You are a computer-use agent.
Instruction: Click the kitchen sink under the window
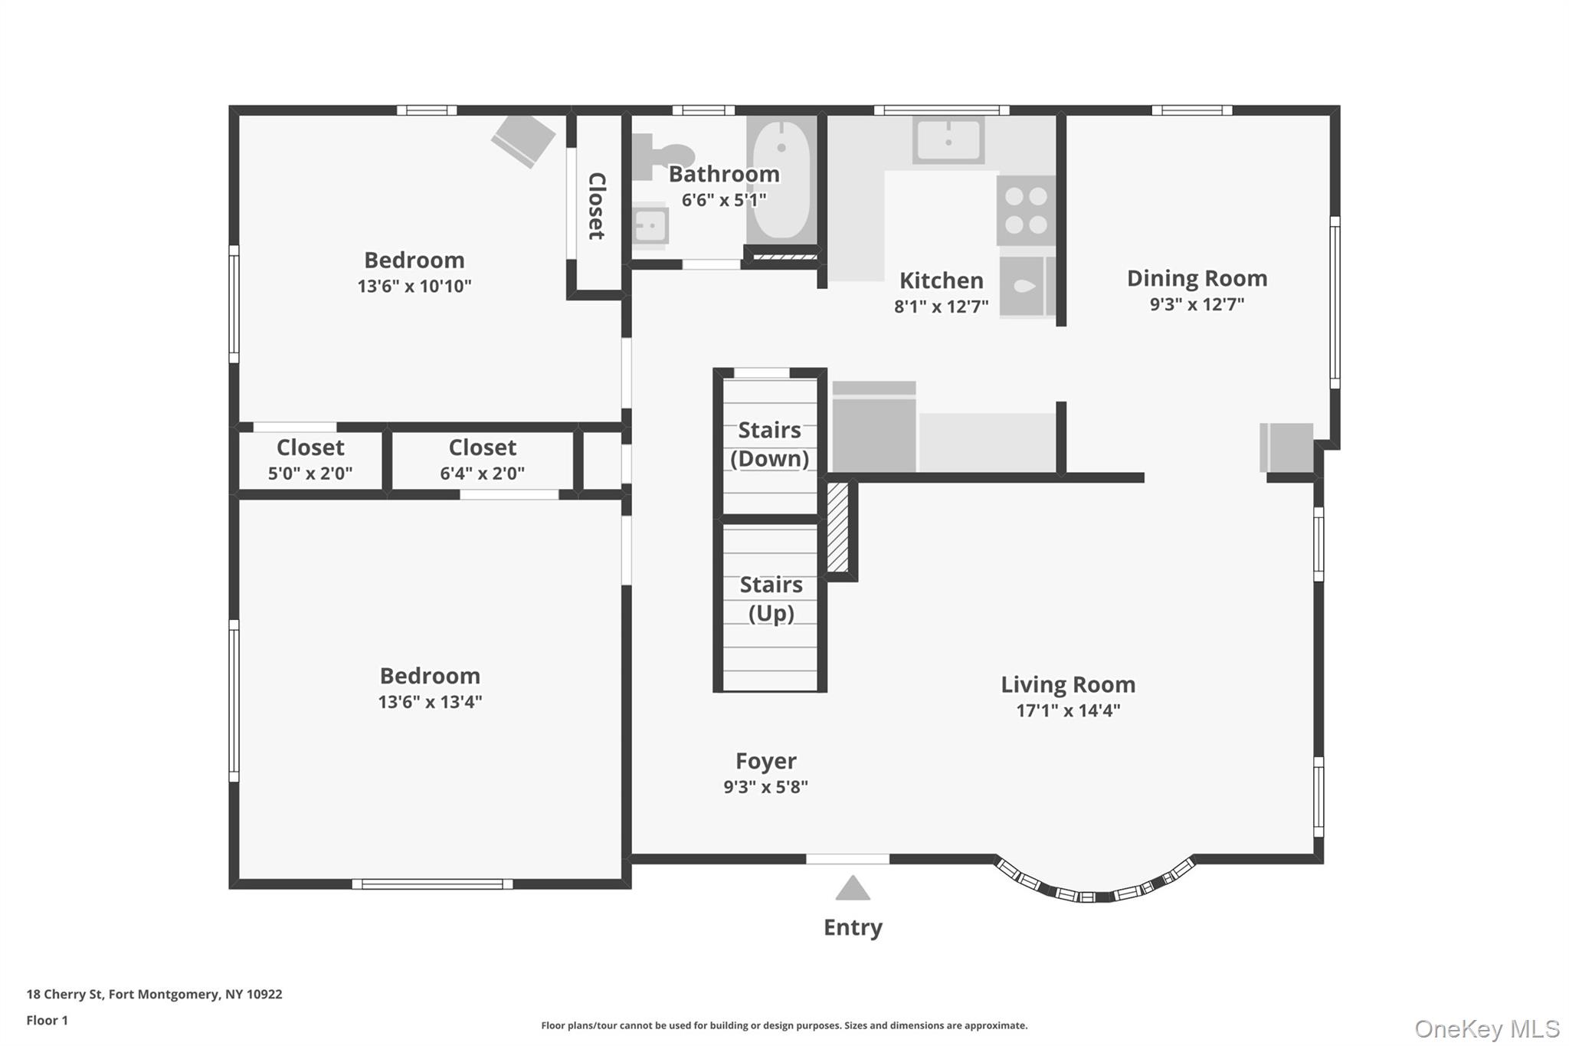coord(948,141)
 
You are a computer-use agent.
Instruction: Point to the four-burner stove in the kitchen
coord(1026,210)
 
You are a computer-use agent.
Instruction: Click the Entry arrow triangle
coord(852,889)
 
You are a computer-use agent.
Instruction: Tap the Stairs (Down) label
coord(769,444)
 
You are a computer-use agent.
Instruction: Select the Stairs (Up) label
coord(771,598)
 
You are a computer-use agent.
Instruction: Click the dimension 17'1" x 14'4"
coord(1068,710)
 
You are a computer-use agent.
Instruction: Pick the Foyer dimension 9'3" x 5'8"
coord(765,787)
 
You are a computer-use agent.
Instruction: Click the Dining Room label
coord(1197,278)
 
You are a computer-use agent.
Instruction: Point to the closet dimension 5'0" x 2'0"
coord(310,474)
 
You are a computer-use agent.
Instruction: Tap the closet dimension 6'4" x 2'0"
coord(482,474)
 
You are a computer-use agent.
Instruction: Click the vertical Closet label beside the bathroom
coord(597,205)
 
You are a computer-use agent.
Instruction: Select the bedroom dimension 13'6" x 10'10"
coord(414,286)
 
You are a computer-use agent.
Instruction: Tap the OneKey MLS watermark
coord(1486,1028)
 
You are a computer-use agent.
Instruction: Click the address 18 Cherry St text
coord(154,994)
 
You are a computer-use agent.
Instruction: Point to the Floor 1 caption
coord(47,1020)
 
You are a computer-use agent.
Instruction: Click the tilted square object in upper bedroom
coord(523,140)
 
